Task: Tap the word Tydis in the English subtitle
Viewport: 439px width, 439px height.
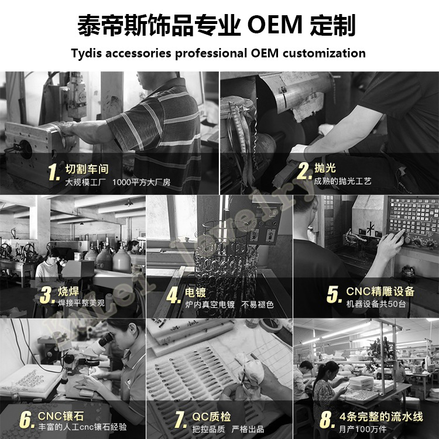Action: tap(91, 53)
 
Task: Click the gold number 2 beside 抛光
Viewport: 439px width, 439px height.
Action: tap(303, 171)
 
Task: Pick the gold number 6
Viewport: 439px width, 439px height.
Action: tap(26, 420)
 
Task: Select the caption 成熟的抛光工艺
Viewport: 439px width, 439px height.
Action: tap(342, 182)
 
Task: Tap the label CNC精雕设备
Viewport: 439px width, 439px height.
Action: tap(380, 291)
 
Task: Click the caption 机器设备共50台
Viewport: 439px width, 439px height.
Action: tap(375, 305)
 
